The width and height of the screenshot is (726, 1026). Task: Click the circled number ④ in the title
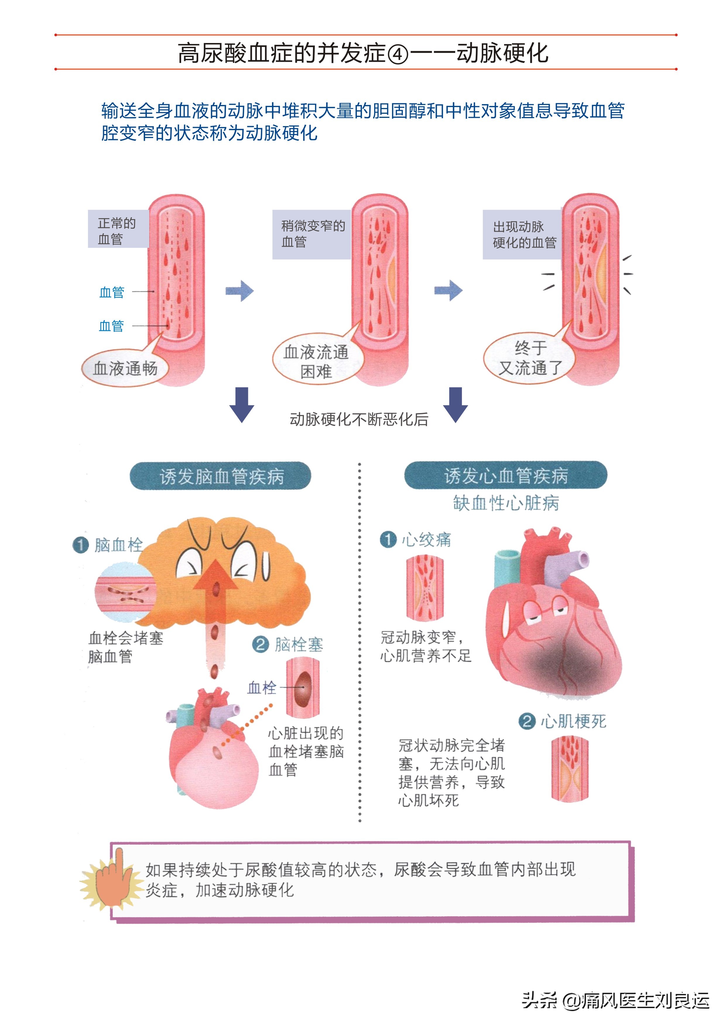(x=398, y=54)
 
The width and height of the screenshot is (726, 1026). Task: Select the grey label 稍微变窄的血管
(x=312, y=234)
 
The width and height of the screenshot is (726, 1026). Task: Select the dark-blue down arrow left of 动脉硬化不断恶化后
(x=242, y=404)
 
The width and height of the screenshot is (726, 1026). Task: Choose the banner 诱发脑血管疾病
(x=220, y=476)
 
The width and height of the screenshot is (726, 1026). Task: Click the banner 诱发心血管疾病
(x=506, y=475)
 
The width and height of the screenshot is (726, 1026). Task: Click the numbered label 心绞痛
(x=416, y=540)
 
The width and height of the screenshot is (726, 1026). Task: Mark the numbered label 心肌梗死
(x=562, y=721)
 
